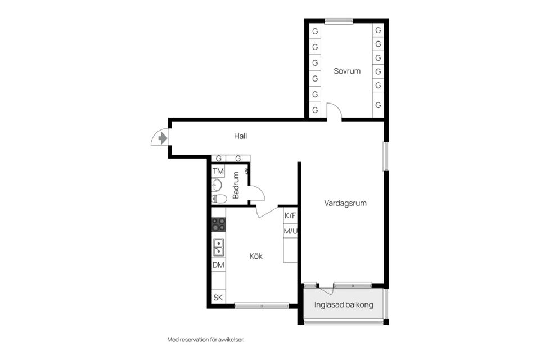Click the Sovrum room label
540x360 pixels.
pyautogui.click(x=347, y=71)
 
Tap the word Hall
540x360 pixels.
pyautogui.click(x=240, y=136)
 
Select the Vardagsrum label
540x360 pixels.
pyautogui.click(x=345, y=203)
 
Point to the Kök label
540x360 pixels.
pyautogui.click(x=256, y=256)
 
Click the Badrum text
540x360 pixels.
pyautogui.click(x=236, y=185)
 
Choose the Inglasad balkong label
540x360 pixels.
pyautogui.click(x=344, y=305)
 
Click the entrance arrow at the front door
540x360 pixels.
pyautogui.click(x=163, y=138)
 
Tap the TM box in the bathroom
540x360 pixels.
pyautogui.click(x=218, y=171)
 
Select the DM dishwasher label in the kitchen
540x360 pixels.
pyautogui.click(x=218, y=265)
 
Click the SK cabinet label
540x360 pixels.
pyautogui.click(x=218, y=298)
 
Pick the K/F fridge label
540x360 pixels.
pyautogui.click(x=290, y=215)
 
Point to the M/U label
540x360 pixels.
pyautogui.click(x=290, y=231)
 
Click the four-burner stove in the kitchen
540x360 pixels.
pyautogui.click(x=219, y=224)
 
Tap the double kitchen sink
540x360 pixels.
pyautogui.click(x=219, y=247)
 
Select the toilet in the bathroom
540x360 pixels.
pyautogui.click(x=219, y=199)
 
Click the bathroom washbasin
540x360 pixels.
pyautogui.click(x=217, y=185)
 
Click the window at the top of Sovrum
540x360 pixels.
pyautogui.click(x=339, y=21)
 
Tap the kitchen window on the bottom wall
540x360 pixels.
pyautogui.click(x=262, y=305)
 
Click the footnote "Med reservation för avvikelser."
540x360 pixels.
pyautogui.click(x=206, y=340)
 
